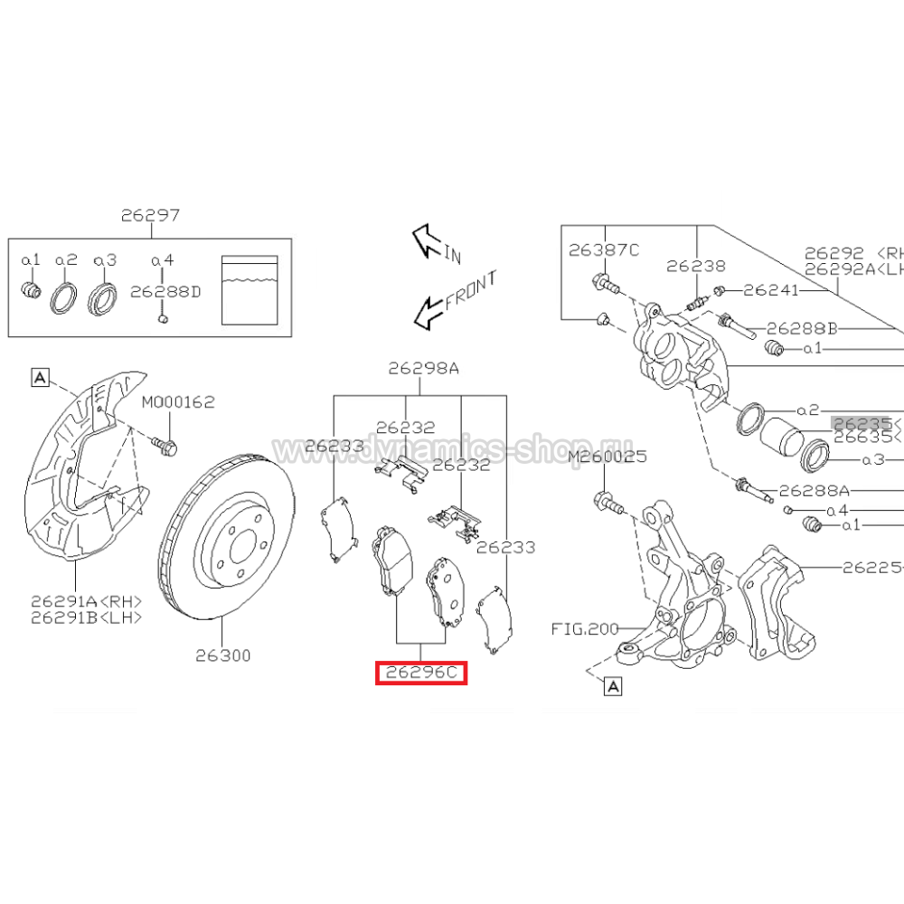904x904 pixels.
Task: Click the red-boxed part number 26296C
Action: [421, 673]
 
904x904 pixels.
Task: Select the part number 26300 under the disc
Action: [223, 655]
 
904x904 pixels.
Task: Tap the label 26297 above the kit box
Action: [150, 216]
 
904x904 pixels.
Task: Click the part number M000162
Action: [178, 401]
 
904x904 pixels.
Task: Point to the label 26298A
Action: [424, 368]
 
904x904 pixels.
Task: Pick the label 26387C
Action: [603, 250]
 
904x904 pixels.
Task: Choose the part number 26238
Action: [696, 266]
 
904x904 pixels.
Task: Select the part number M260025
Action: [607, 458]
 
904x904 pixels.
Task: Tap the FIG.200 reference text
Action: [585, 627]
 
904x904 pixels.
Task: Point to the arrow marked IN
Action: [425, 241]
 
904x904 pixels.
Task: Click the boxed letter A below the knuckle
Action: [613, 688]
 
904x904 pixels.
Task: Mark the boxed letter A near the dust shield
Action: [40, 377]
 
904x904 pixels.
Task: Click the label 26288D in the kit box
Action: [165, 292]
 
